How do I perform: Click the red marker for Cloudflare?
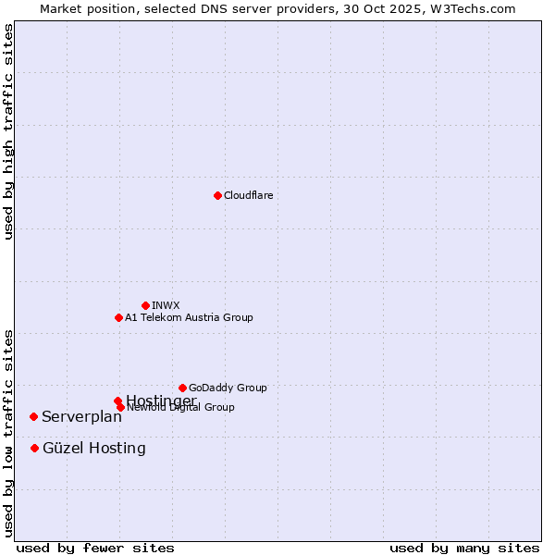click(x=217, y=195)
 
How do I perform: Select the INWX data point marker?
click(x=145, y=305)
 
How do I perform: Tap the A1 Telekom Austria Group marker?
click(x=118, y=317)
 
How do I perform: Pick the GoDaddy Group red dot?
click(x=182, y=388)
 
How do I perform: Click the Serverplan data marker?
click(x=33, y=416)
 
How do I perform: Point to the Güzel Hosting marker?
click(x=34, y=448)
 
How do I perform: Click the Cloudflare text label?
click(x=249, y=195)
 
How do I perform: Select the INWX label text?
click(x=166, y=305)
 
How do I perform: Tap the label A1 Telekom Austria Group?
click(x=189, y=317)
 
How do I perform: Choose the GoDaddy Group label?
click(x=228, y=388)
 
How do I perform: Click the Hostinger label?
click(x=161, y=400)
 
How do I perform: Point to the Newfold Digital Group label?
click(x=181, y=408)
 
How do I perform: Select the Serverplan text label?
click(x=81, y=416)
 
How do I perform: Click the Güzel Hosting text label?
click(x=93, y=448)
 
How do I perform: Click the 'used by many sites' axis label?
click(x=464, y=548)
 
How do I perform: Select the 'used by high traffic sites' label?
click(x=8, y=131)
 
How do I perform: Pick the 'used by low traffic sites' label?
click(x=8, y=433)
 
